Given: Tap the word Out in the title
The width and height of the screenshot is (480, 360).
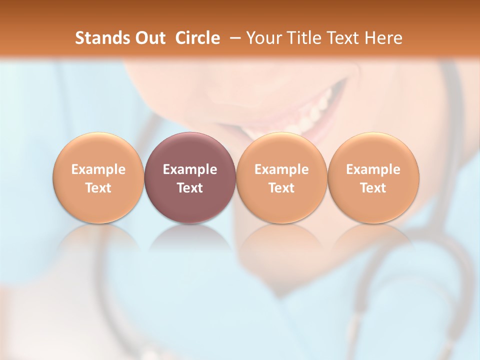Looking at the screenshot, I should [148, 38].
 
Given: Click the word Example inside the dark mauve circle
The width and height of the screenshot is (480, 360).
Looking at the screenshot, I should [190, 169].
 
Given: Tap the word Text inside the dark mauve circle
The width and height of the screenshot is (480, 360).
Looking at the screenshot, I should [190, 188].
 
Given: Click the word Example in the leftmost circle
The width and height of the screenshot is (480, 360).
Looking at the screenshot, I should [98, 169].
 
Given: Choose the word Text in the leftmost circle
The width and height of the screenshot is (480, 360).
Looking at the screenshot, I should [98, 188].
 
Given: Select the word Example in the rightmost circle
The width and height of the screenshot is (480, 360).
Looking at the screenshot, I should [373, 169].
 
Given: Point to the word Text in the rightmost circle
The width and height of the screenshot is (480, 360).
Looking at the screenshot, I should [373, 188].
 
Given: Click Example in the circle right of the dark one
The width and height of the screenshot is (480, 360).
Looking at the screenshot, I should [281, 169].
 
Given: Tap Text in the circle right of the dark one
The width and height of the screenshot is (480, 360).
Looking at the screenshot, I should [281, 188].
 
